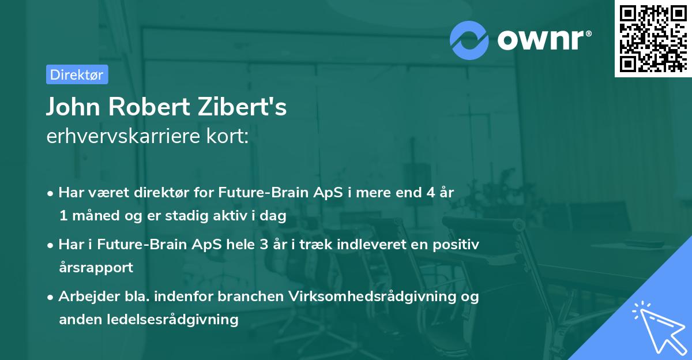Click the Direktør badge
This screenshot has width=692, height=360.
click(x=76, y=74)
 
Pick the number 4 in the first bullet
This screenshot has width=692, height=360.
click(x=430, y=193)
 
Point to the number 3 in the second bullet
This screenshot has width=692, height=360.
click(x=264, y=245)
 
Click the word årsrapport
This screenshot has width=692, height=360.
click(x=96, y=268)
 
